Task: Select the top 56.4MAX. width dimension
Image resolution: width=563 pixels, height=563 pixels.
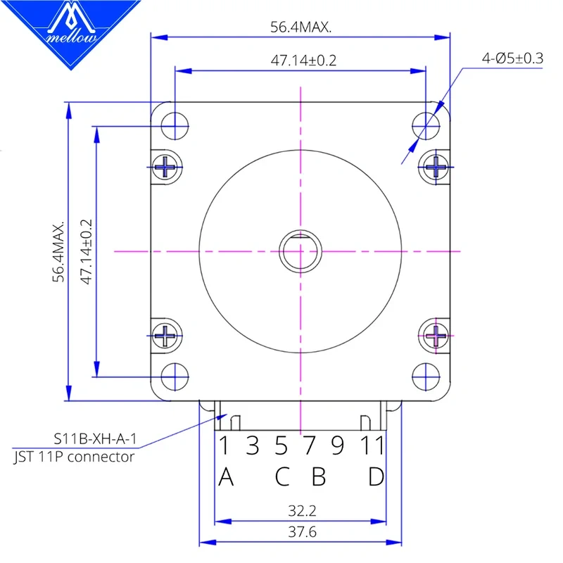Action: coord(301,27)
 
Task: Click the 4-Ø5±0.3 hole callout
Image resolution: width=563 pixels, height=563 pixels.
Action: coord(512,58)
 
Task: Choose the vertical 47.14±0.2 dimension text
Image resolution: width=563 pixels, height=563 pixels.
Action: coord(87,251)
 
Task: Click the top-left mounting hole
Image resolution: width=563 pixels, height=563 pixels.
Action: coord(175,126)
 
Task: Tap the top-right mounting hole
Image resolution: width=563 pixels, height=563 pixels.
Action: coord(426,126)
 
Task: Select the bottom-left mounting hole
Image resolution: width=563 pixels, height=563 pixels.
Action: coord(175,377)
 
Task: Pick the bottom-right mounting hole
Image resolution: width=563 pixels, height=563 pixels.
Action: coord(426,377)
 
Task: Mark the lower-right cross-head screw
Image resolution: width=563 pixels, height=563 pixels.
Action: coord(436,334)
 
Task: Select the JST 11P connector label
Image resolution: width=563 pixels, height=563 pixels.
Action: coord(74,457)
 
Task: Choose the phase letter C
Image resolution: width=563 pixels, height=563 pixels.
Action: coord(281,476)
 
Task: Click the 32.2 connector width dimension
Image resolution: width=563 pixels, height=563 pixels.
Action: coord(301,510)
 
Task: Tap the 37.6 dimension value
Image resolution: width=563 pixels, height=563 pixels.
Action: coord(301,532)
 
